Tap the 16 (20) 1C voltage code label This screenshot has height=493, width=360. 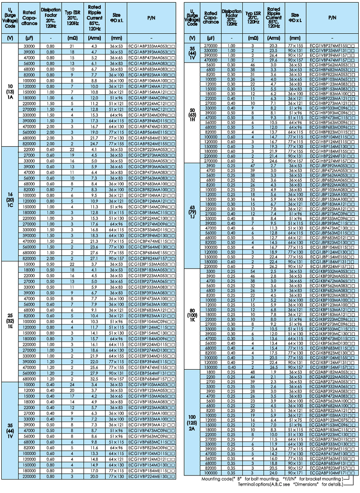click(x=9, y=203)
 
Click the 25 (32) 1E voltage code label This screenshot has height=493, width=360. click(x=9, y=320)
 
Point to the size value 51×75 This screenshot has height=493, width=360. click(x=295, y=419)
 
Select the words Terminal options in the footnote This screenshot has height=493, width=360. click(x=247, y=484)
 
